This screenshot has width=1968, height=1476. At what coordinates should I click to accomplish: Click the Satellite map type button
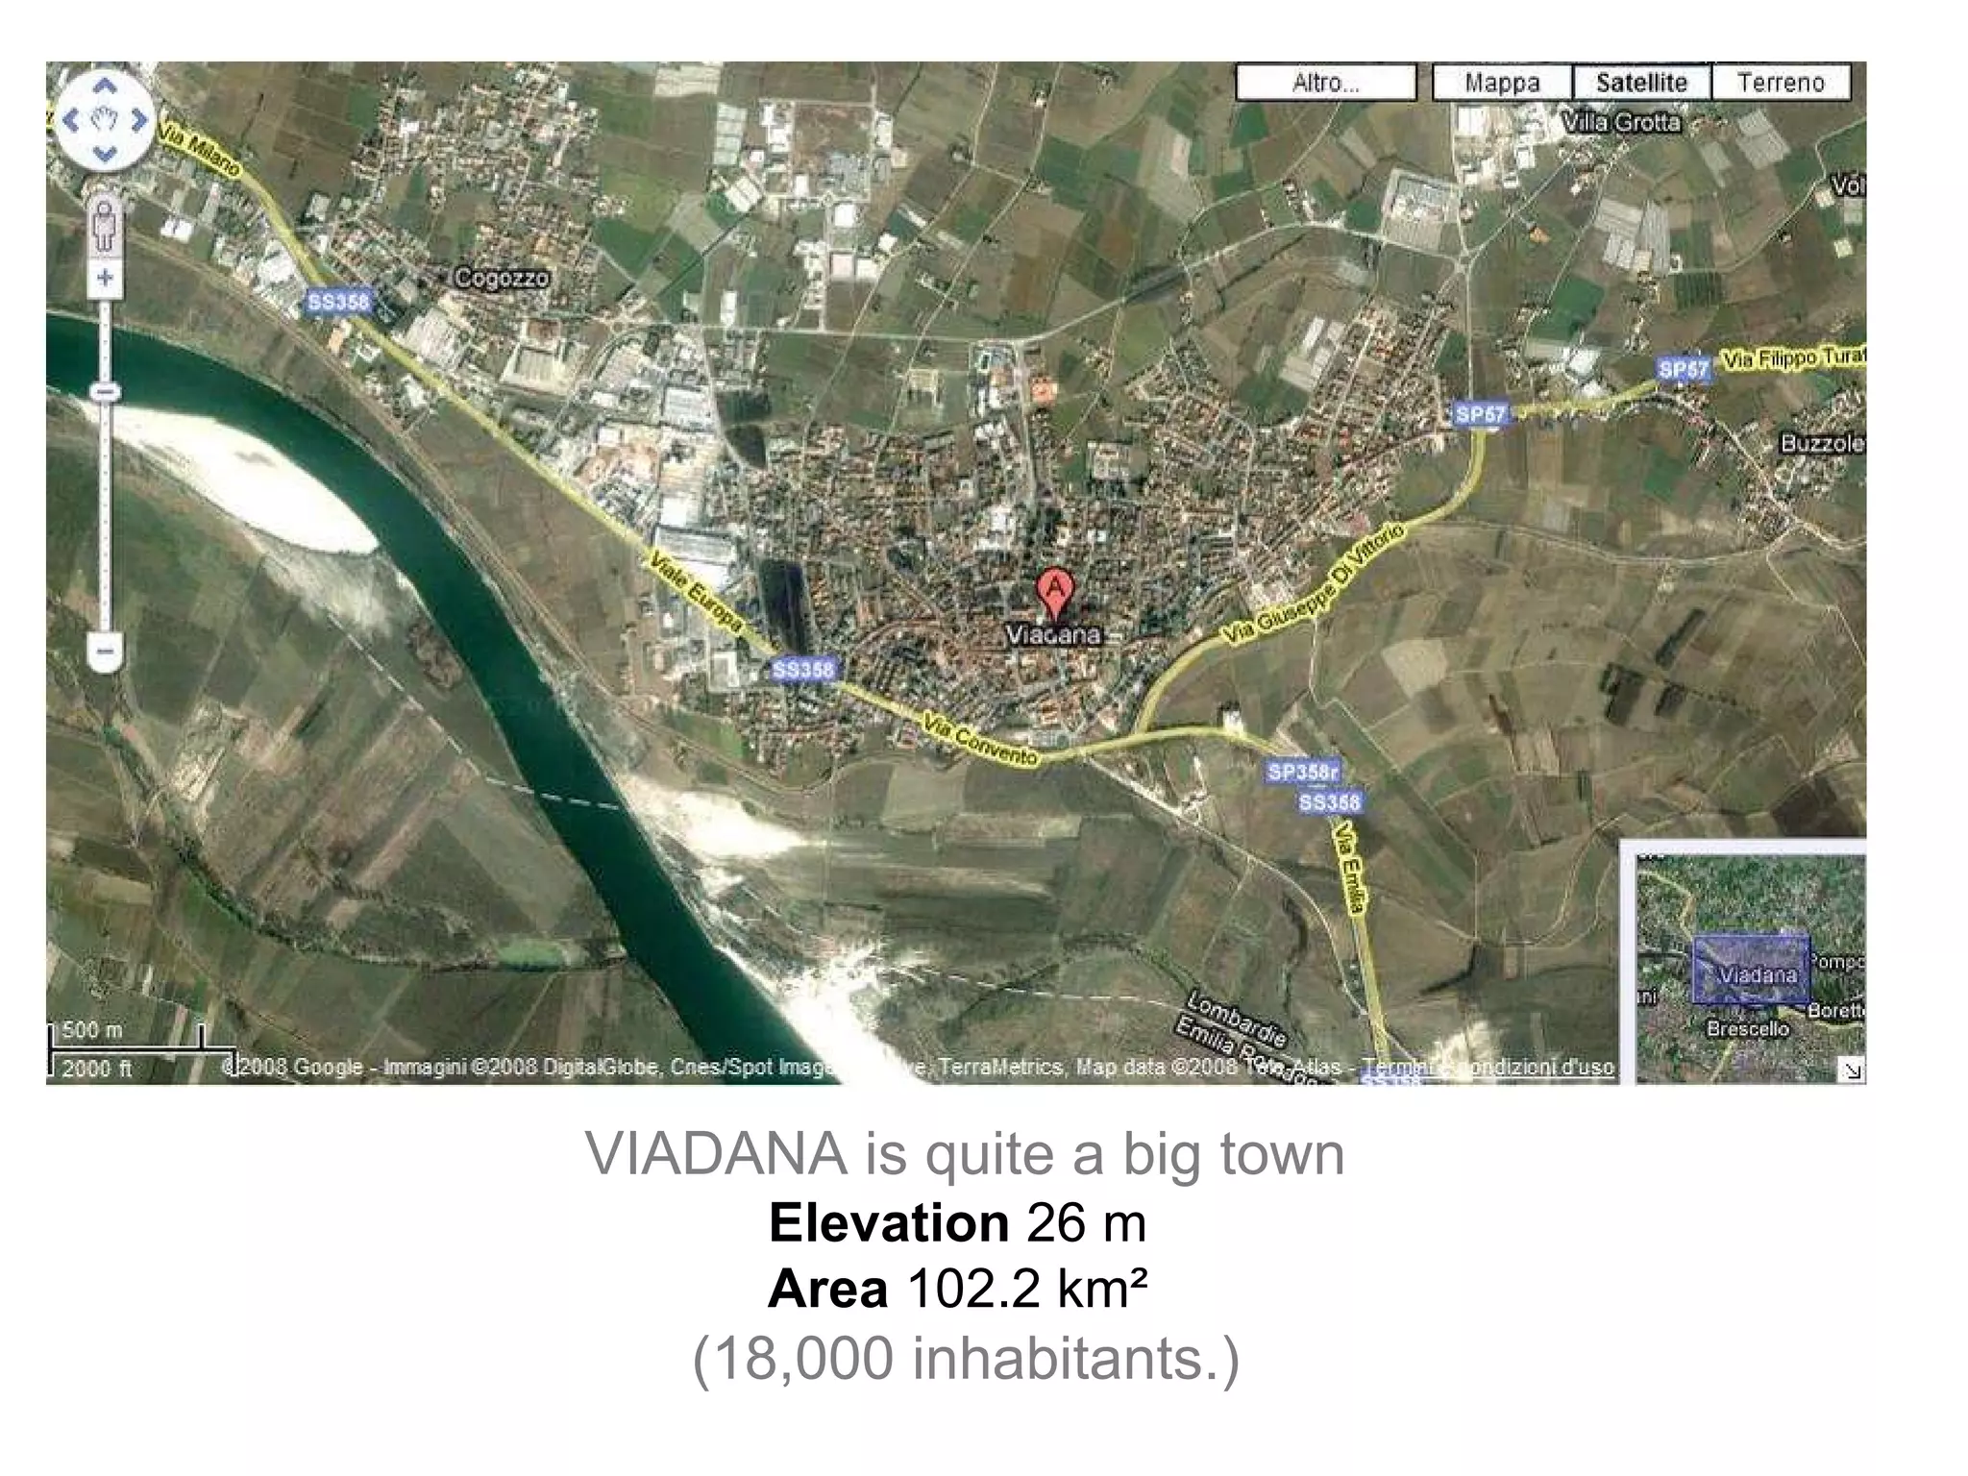click(1641, 83)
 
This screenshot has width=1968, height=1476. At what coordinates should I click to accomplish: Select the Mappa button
click(1502, 83)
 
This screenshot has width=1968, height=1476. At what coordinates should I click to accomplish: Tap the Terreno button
click(1781, 83)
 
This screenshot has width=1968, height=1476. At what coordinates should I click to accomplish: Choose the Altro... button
click(1325, 83)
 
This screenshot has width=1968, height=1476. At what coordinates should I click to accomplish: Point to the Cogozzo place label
click(502, 279)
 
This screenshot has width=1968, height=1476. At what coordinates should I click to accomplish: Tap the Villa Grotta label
click(1621, 123)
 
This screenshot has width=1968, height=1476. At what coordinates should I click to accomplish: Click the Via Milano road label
click(200, 147)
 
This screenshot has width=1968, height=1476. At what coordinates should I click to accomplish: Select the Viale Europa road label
click(697, 592)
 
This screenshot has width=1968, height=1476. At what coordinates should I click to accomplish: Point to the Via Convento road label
click(980, 740)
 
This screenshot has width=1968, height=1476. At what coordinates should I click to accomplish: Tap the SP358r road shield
click(1303, 772)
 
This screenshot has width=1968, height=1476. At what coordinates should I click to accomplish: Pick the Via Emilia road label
click(1350, 869)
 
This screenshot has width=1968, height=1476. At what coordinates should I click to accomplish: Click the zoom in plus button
click(105, 279)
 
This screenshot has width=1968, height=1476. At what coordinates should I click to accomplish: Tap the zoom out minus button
click(105, 652)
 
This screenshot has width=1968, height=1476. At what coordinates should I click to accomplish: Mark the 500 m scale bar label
click(92, 1030)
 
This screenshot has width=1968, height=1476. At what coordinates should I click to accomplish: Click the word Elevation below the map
click(888, 1223)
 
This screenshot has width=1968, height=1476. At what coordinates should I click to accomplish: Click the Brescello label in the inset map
click(1748, 1029)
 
